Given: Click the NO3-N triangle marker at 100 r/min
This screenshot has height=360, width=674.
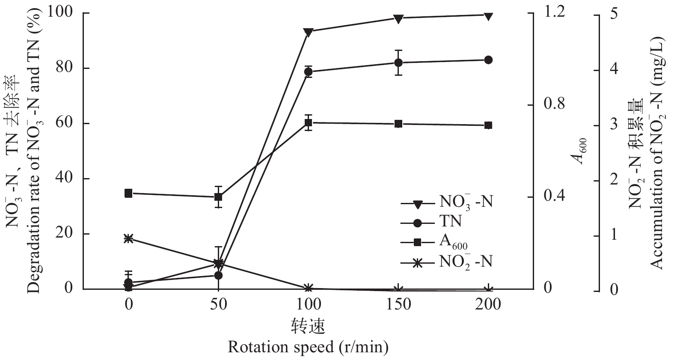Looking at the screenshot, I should point(308,32).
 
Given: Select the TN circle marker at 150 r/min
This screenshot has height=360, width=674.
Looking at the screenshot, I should point(398,62).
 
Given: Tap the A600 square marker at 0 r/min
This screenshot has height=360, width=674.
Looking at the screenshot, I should point(128,193).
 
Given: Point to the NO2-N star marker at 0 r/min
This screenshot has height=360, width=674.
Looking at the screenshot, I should point(128,238).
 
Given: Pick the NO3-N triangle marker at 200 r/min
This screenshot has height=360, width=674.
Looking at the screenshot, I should point(488,16).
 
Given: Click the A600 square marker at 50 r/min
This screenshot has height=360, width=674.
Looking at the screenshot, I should point(218,197).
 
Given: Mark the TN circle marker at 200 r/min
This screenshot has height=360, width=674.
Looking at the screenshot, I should point(488,60).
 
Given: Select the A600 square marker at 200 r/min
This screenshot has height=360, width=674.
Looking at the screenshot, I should point(488,125).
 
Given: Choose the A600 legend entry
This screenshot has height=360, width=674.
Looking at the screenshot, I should point(453,242).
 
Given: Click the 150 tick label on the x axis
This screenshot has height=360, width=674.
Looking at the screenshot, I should point(398,304).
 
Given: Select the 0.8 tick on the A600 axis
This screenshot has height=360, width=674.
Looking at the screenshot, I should point(554,105).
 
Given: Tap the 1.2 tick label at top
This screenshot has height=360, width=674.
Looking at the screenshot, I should point(554,13).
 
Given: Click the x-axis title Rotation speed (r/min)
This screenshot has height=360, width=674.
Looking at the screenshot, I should point(308,347).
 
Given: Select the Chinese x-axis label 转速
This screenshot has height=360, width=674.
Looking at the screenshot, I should point(308,326).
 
